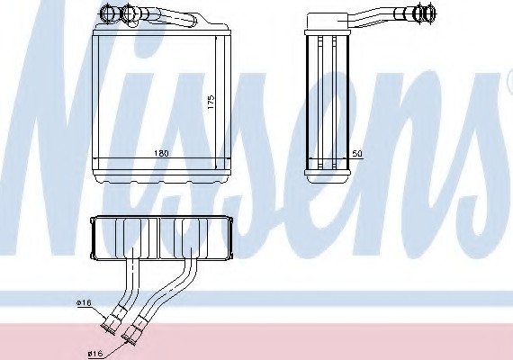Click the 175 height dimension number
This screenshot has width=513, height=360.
pyautogui.click(x=211, y=102)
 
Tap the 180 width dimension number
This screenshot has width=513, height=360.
pyautogui.click(x=161, y=153)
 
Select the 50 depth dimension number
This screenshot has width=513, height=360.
pyautogui.click(x=357, y=154)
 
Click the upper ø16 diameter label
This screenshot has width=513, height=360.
pyautogui.click(x=84, y=303)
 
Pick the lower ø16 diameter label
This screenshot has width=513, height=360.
pyautogui.click(x=95, y=354)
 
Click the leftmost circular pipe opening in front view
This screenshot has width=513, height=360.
pyautogui.click(x=108, y=13)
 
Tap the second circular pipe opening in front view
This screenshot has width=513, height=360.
pyautogui.click(x=130, y=14)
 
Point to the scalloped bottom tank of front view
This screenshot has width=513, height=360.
pyautogui.click(x=162, y=177)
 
